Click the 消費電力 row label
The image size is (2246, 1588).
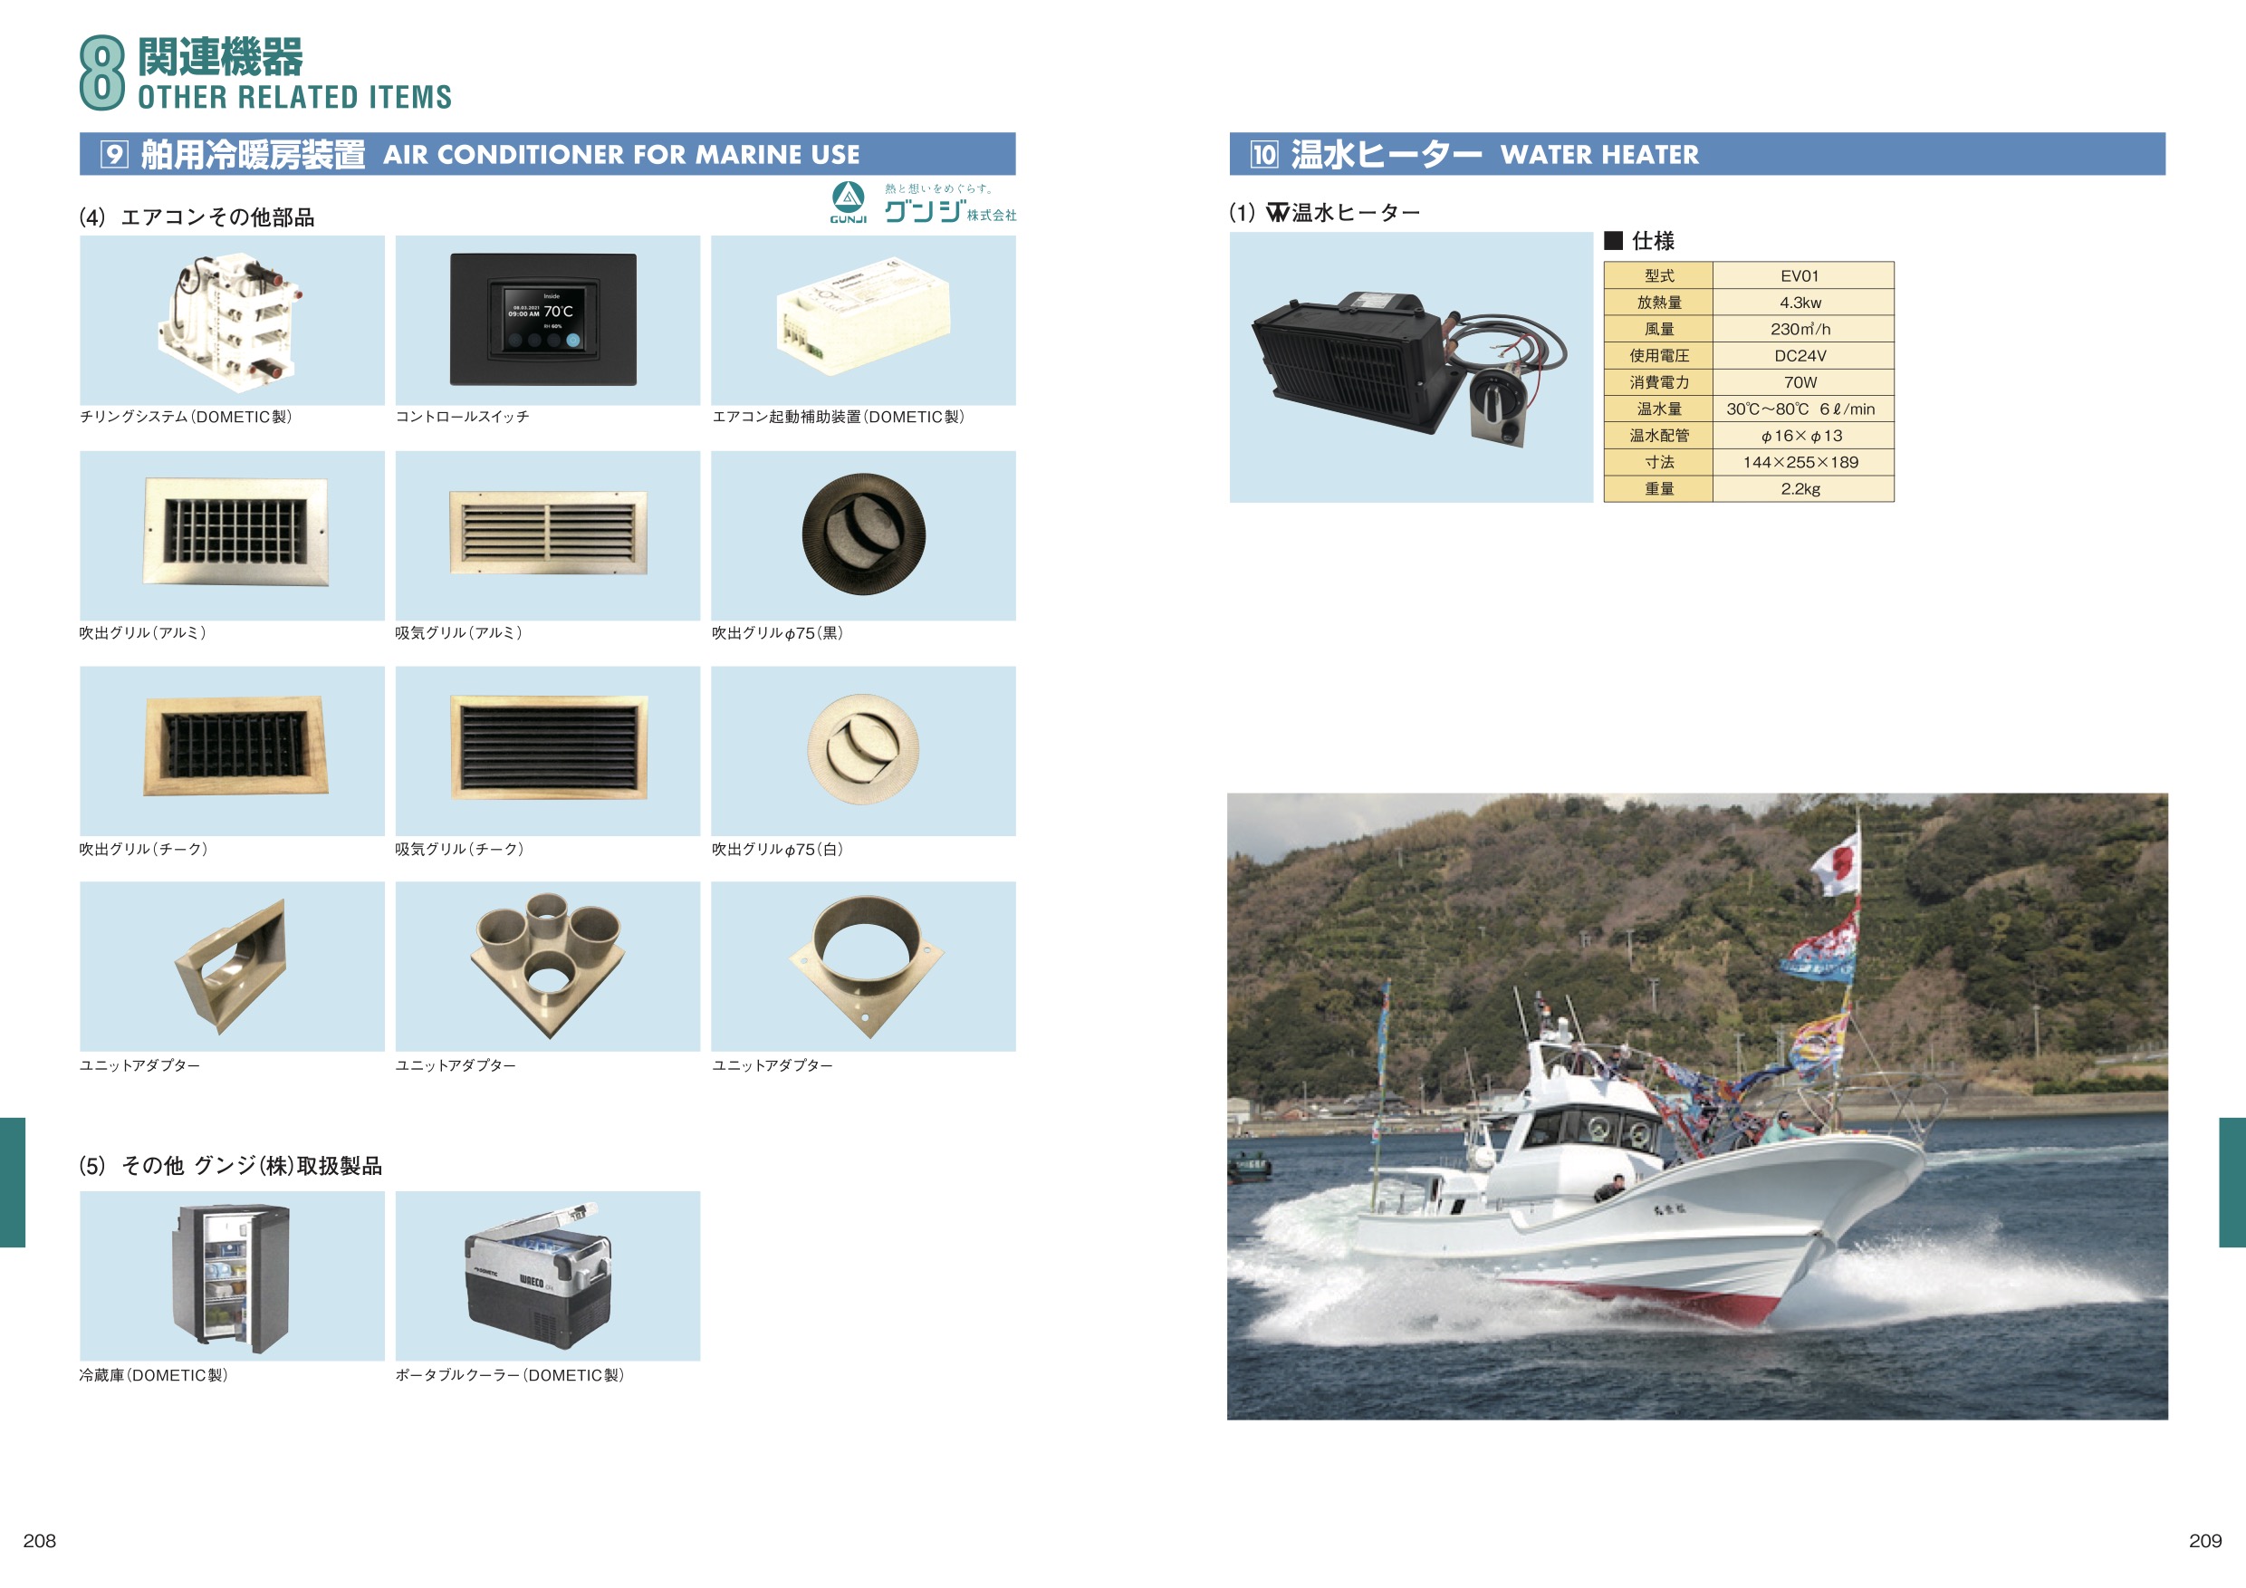pyautogui.click(x=1659, y=381)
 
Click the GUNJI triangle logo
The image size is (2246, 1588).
pyautogui.click(x=848, y=197)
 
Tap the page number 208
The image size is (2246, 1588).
pyautogui.click(x=39, y=1541)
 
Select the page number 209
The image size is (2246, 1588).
pyautogui.click(x=2205, y=1541)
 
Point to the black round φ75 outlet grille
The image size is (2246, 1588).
pyautogui.click(x=863, y=534)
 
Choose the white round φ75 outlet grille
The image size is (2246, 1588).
pyautogui.click(x=863, y=749)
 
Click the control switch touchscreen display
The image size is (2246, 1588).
pyautogui.click(x=545, y=319)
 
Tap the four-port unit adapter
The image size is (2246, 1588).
pyautogui.click(x=548, y=964)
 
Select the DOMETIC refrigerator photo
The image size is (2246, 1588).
pyautogui.click(x=232, y=1279)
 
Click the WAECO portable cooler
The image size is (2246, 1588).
pyautogui.click(x=538, y=1277)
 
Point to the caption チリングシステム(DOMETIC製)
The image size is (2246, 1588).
pyautogui.click(x=186, y=417)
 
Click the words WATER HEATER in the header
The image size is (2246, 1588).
pyautogui.click(x=1599, y=155)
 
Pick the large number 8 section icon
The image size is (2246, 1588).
pyautogui.click(x=101, y=72)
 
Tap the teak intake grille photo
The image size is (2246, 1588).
pyautogui.click(x=548, y=746)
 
